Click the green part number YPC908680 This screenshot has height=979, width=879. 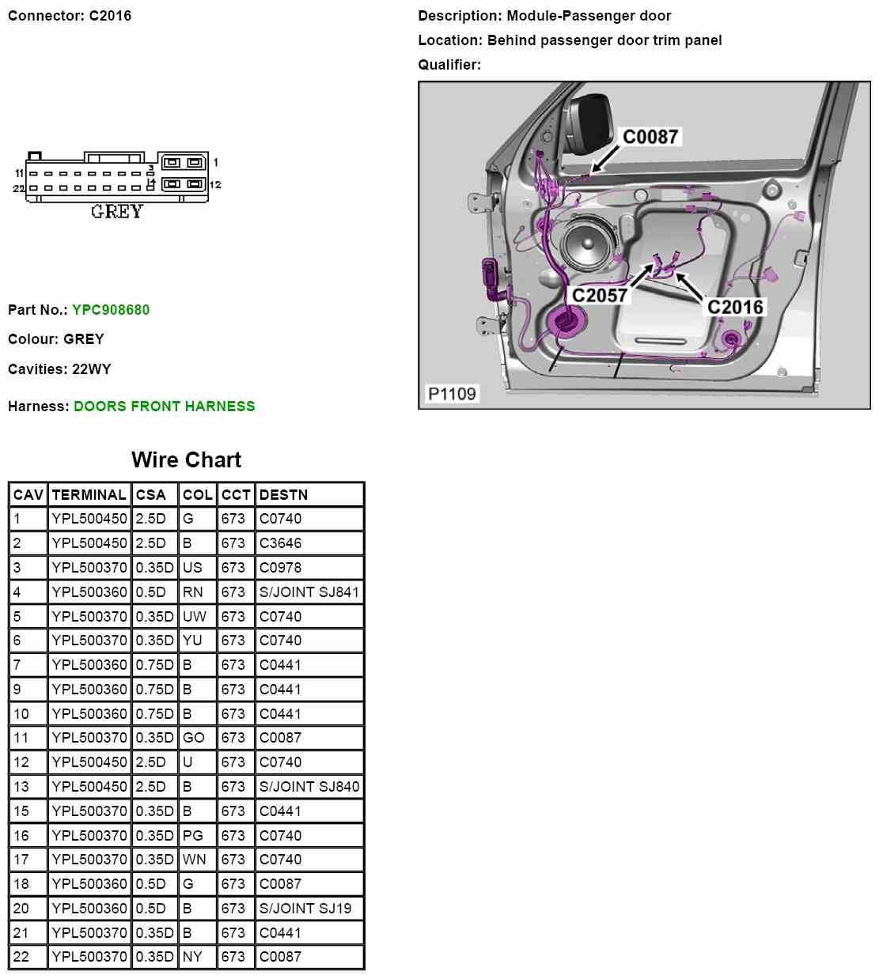[111, 310]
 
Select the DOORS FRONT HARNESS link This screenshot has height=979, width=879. [164, 406]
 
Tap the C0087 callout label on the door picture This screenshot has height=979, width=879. [650, 137]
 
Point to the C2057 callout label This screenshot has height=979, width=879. [600, 296]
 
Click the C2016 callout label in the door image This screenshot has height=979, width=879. [735, 308]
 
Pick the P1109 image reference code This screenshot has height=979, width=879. [452, 394]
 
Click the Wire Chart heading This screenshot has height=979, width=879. [186, 460]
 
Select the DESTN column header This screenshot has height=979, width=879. [283, 495]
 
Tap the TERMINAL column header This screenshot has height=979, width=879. [89, 495]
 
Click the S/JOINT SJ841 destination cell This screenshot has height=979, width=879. [309, 592]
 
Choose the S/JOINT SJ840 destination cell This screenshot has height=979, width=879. [309, 787]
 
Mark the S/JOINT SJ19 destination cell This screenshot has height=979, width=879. [305, 909]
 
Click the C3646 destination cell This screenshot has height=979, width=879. [280, 543]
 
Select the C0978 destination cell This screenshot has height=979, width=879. [280, 568]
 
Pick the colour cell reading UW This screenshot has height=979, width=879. [194, 617]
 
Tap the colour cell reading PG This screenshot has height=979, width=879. [192, 836]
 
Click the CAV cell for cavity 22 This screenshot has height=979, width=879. [21, 957]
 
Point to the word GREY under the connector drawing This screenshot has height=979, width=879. [117, 212]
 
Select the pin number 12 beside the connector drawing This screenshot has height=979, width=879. [215, 185]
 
